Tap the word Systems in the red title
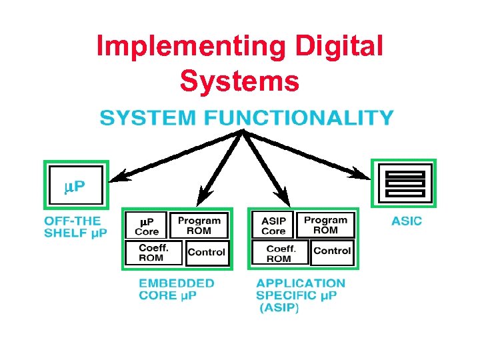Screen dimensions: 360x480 point(239,81)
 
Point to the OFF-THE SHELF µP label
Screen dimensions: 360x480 point(75,227)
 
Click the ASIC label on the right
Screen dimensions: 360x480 point(407,221)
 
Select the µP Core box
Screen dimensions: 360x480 point(147,226)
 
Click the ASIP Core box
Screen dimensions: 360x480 point(273,226)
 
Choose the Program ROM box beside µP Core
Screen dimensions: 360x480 point(199,225)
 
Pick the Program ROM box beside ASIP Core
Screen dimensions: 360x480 point(325,225)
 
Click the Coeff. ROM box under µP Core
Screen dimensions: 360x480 point(151,253)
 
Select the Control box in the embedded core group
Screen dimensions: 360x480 point(206,253)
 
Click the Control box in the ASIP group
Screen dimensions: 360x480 point(332,251)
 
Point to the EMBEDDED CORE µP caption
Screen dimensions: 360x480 point(176,289)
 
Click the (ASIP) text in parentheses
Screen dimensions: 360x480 point(279,309)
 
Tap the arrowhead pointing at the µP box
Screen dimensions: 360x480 point(119,177)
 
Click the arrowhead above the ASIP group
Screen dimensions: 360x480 point(282,197)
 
